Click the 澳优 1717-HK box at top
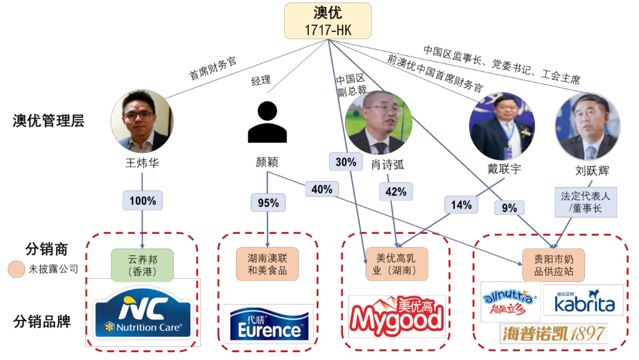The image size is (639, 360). (328, 21)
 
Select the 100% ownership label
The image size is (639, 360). (142, 200)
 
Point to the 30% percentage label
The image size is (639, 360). (345, 162)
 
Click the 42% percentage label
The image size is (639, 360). (395, 192)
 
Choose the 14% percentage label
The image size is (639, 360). (461, 205)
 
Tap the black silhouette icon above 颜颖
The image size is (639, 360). (267, 122)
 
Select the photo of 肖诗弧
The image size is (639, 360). (378, 122)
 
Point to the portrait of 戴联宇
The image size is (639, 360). (502, 126)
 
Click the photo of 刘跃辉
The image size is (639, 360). (587, 126)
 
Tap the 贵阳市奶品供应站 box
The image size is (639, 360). (554, 265)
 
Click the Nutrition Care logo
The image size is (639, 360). (142, 314)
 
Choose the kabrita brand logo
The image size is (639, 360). (583, 300)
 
